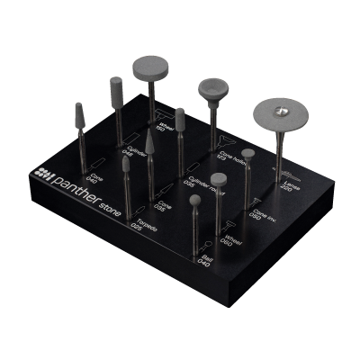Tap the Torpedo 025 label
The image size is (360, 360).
[x=136, y=219]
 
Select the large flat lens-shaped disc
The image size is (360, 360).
[x=280, y=113]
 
